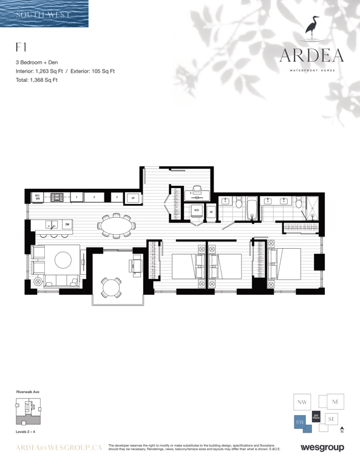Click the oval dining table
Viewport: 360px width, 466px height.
pyautogui.click(x=115, y=227)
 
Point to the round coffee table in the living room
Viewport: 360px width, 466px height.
pyautogui.click(x=63, y=260)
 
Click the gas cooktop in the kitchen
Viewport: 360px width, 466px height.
pyautogui.click(x=57, y=197)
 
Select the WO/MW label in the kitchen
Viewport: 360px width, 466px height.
pyautogui.click(x=37, y=197)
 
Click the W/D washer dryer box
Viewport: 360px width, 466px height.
pyautogui.click(x=196, y=211)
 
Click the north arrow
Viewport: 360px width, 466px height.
pyautogui.click(x=342, y=429)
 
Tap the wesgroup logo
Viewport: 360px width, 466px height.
pyautogui.click(x=322, y=448)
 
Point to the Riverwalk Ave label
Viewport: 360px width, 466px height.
pyautogui.click(x=27, y=393)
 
